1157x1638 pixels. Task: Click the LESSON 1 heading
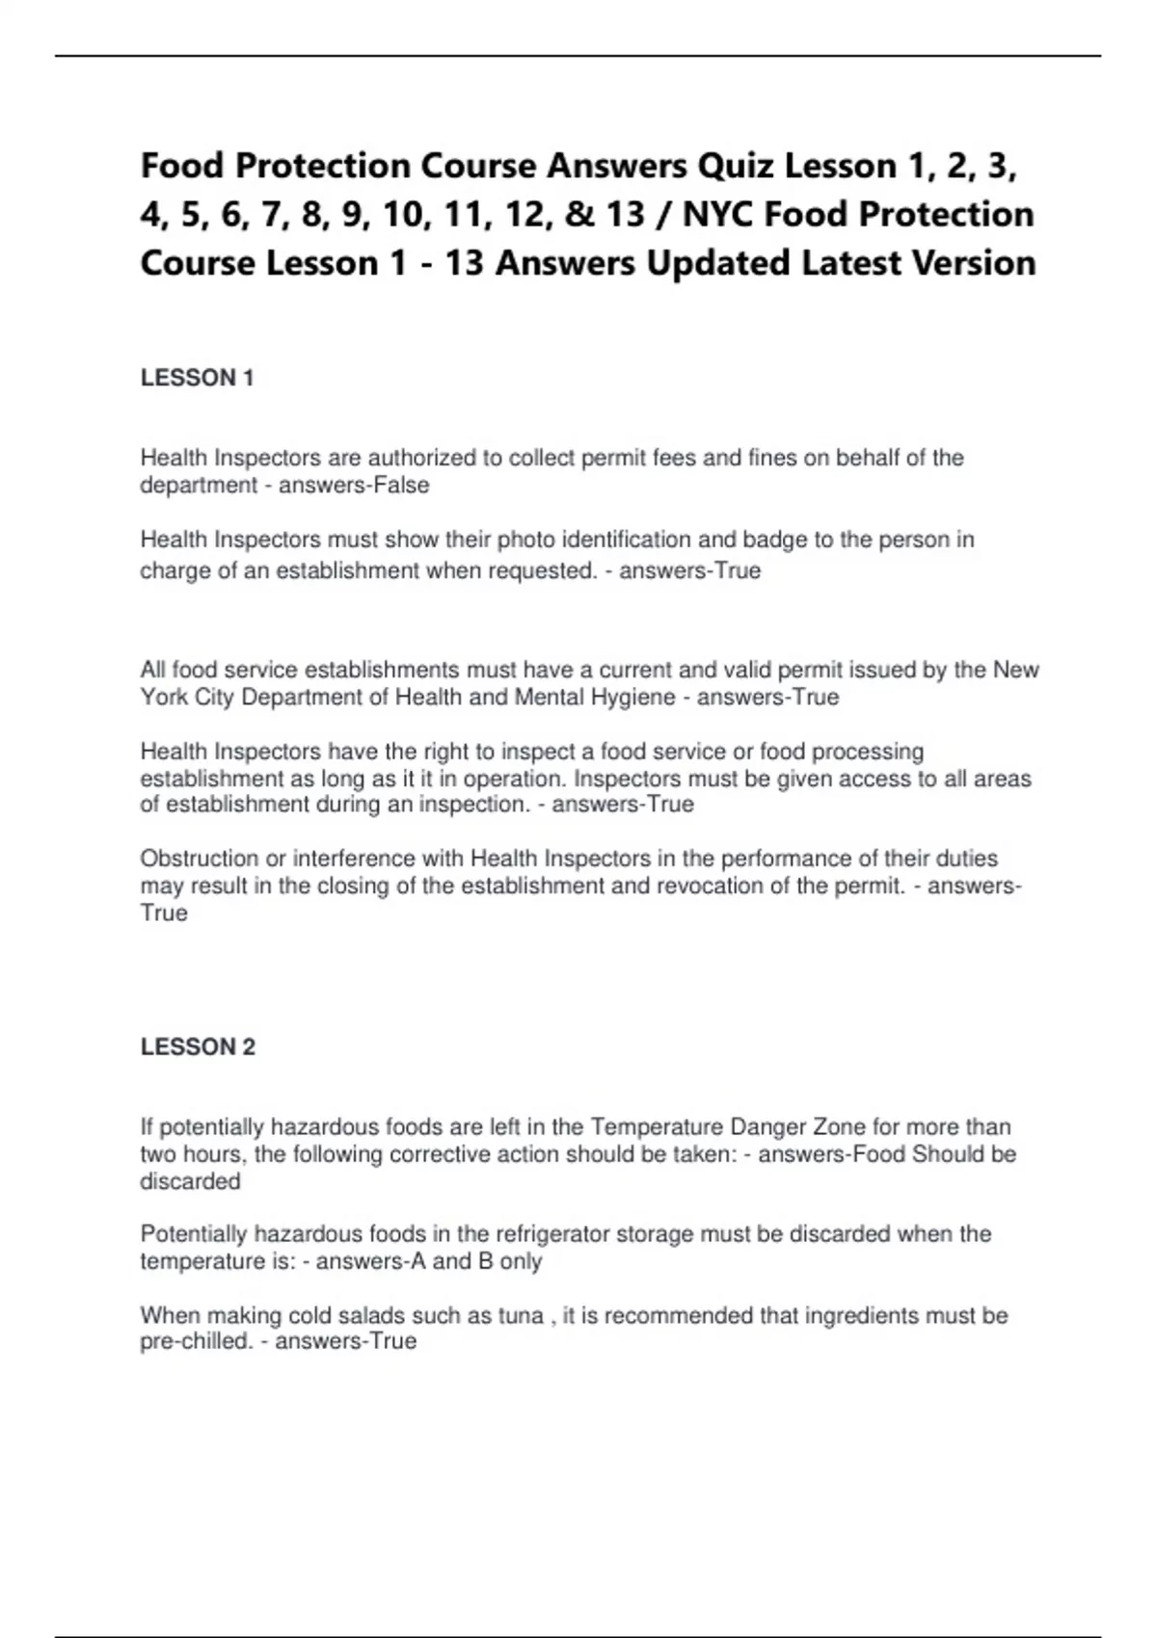tap(197, 378)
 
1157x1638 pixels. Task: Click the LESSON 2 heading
tap(198, 1047)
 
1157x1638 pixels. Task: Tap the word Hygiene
tap(626, 698)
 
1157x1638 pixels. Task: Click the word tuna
tap(520, 1316)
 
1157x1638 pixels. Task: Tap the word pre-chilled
tap(196, 1342)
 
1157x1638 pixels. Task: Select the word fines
tap(772, 458)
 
